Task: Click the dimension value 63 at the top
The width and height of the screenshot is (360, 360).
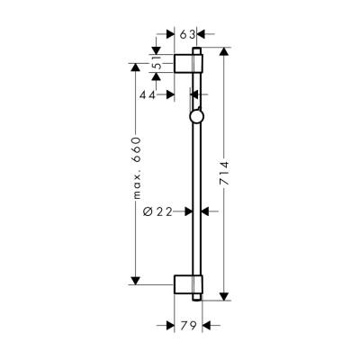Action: point(188,34)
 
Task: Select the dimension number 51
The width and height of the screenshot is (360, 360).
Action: point(157,64)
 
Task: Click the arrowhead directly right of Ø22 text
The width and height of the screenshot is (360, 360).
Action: point(187,211)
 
